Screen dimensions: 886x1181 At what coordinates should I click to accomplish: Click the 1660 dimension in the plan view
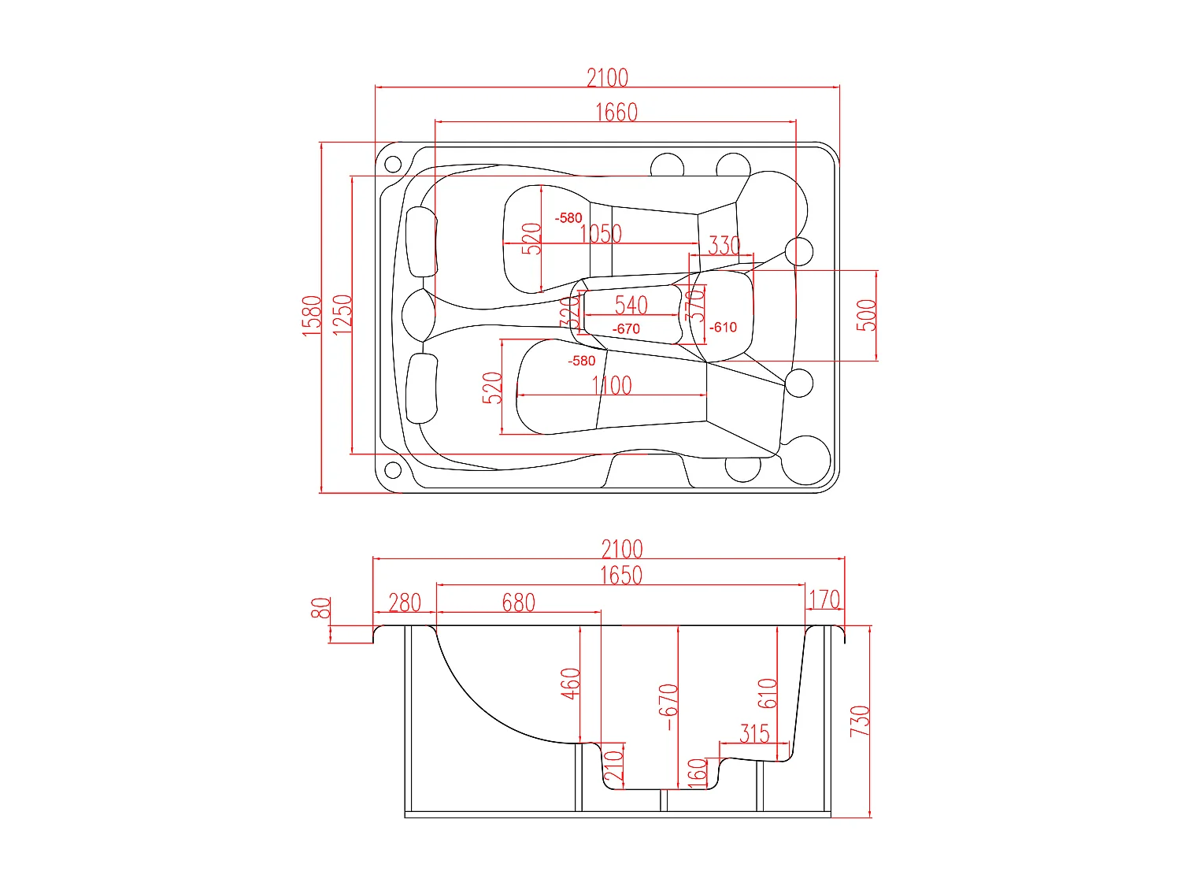click(x=616, y=113)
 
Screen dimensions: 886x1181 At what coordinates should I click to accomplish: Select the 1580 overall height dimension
click(x=313, y=315)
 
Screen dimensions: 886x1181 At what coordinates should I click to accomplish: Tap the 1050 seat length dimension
click(x=601, y=234)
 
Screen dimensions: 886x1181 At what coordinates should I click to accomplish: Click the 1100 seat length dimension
click(x=612, y=385)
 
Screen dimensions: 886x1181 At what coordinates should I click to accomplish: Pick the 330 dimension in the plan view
click(x=724, y=246)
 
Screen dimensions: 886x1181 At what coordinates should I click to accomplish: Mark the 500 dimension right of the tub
click(x=866, y=315)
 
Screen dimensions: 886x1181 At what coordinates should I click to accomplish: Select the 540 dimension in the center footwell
click(x=631, y=305)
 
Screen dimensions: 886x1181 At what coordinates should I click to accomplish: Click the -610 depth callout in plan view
click(x=723, y=327)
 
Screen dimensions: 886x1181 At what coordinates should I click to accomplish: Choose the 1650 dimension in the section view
click(x=620, y=576)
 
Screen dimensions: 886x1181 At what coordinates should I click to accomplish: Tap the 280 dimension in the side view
click(x=405, y=602)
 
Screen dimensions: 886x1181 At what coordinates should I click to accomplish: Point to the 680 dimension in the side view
click(x=518, y=602)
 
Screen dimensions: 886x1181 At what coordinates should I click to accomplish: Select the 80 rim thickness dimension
click(x=320, y=608)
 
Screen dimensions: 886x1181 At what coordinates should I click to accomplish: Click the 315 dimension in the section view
click(x=753, y=733)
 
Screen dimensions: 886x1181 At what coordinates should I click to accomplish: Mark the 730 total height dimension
click(x=860, y=721)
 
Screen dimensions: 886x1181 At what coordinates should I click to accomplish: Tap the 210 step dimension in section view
click(x=613, y=765)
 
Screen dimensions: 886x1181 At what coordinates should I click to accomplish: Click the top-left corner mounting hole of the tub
click(x=392, y=165)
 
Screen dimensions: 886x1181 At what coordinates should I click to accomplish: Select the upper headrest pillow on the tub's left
click(x=421, y=241)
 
